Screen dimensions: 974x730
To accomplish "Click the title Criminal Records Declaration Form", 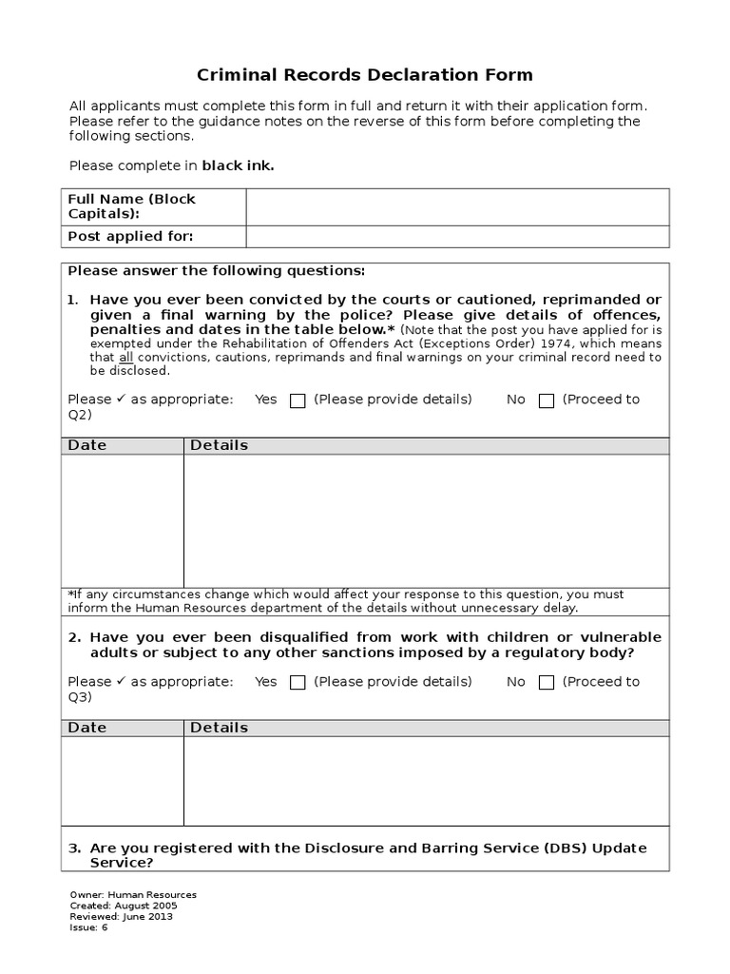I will [x=364, y=75].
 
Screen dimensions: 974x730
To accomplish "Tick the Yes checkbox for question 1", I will [x=298, y=400].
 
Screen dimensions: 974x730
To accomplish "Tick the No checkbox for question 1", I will [x=547, y=400].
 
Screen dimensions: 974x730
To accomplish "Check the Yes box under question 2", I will [x=298, y=682].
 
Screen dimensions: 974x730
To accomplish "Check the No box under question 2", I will [x=547, y=682].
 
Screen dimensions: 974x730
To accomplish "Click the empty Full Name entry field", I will [x=457, y=206].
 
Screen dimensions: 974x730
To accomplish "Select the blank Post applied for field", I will [x=457, y=237].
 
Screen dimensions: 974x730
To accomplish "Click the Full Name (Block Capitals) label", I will [x=131, y=206].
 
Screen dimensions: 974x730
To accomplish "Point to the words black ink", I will [x=238, y=166].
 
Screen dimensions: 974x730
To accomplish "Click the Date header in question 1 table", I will [x=87, y=445].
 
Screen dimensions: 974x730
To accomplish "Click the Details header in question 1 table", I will [x=220, y=445].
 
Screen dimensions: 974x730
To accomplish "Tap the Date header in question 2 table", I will [x=87, y=728].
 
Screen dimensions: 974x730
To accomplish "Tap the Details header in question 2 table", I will [x=220, y=728].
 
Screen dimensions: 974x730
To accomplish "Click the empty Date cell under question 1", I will [x=123, y=520].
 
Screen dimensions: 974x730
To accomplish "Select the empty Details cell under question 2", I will [x=426, y=781].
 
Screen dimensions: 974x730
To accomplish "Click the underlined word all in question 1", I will [x=125, y=358].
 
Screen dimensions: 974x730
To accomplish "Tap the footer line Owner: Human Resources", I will [x=133, y=895].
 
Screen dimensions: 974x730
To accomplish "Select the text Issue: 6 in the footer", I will [x=89, y=927].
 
